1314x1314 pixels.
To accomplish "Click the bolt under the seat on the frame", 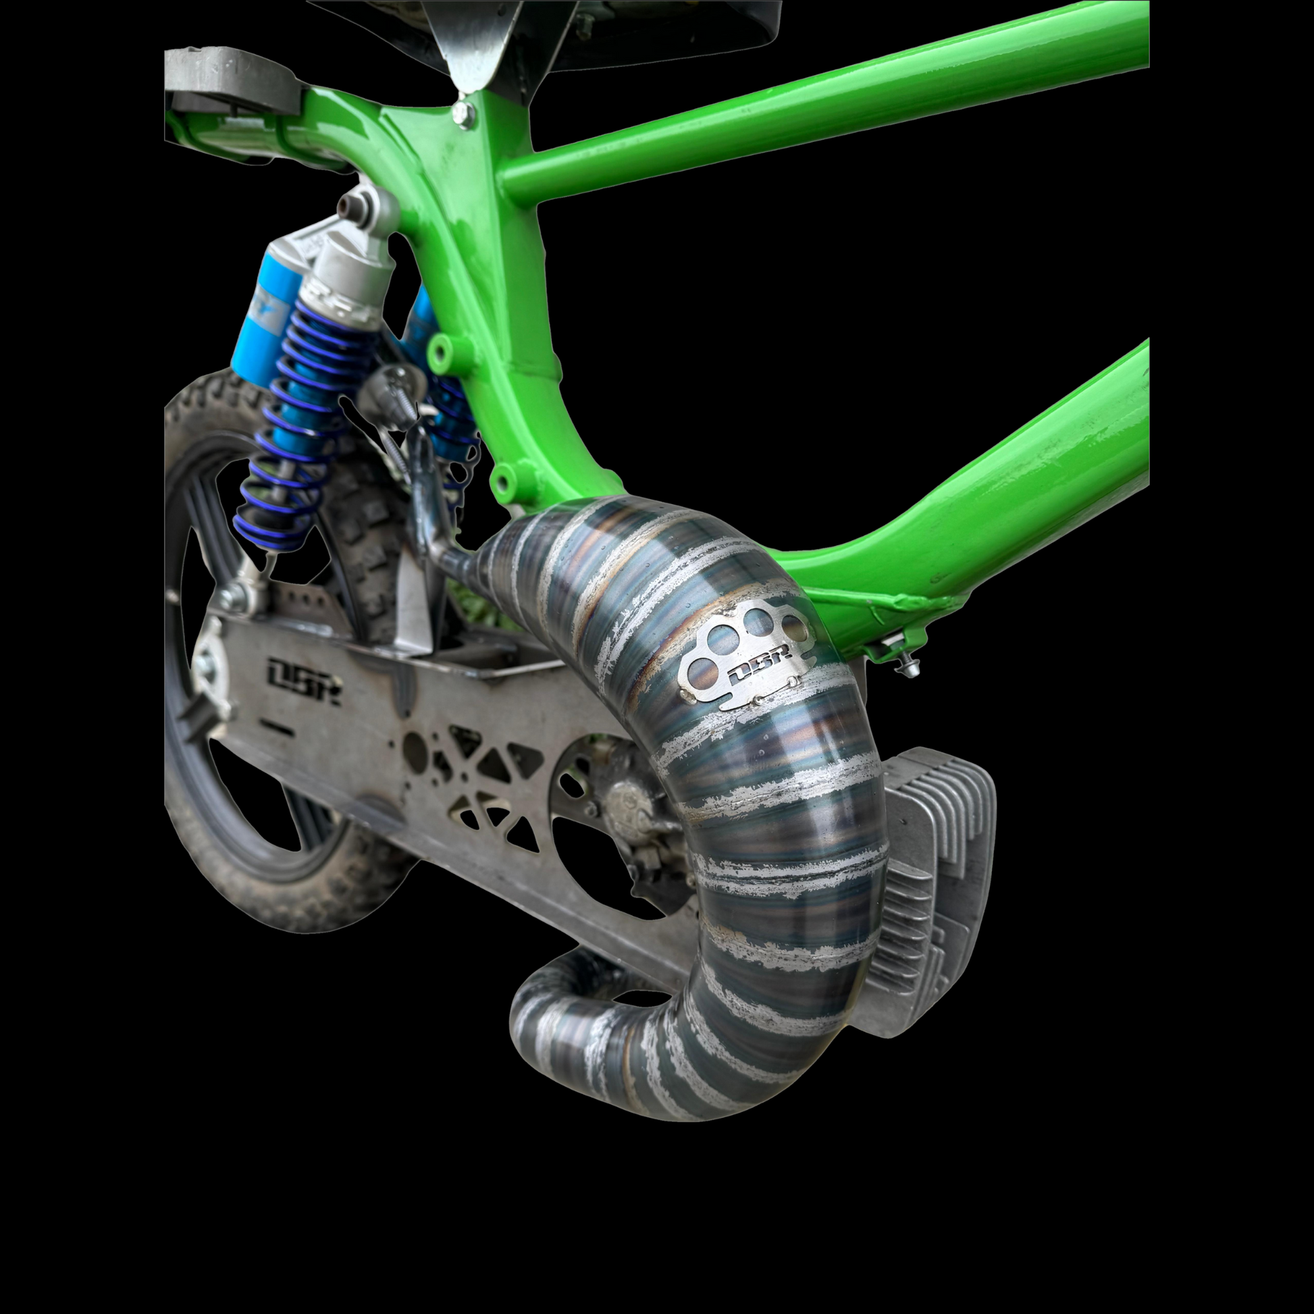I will click(463, 113).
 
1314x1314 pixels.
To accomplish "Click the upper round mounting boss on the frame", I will click(440, 352).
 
